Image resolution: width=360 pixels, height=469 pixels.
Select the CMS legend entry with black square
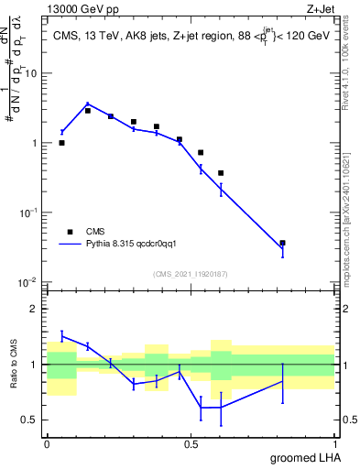click(x=95, y=232)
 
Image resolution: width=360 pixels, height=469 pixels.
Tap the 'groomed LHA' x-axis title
click(x=303, y=457)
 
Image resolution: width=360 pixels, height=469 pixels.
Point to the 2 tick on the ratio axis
click(x=36, y=309)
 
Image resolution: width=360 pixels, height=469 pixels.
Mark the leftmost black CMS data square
click(x=61, y=143)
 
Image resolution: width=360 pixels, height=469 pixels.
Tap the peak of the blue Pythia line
click(x=87, y=104)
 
